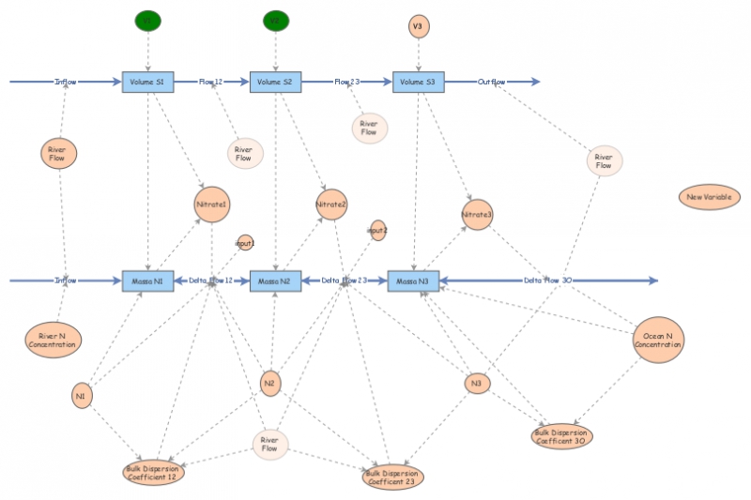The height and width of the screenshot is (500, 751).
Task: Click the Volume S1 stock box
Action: (x=148, y=83)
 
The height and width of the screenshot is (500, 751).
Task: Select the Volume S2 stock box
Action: (x=275, y=83)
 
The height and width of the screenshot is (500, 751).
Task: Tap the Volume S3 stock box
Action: (x=418, y=83)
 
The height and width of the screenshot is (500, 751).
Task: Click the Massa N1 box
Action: (x=148, y=280)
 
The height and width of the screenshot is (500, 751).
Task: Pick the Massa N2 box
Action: (x=275, y=280)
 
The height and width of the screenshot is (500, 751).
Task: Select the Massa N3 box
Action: (x=414, y=280)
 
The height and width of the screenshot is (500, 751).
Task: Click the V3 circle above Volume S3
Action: (x=418, y=26)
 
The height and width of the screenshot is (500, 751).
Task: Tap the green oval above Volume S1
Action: (x=147, y=20)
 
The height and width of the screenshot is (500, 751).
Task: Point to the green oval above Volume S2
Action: (x=274, y=20)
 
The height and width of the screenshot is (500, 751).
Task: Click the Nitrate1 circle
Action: (x=212, y=205)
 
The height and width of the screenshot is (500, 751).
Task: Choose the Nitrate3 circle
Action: (x=477, y=215)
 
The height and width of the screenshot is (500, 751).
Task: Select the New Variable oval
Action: (x=710, y=197)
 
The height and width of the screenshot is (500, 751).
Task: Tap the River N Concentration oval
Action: (x=54, y=340)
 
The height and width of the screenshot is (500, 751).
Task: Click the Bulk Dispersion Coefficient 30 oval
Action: (x=562, y=436)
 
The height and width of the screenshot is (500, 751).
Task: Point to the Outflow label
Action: (x=492, y=83)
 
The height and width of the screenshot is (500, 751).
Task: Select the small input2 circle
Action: (x=377, y=230)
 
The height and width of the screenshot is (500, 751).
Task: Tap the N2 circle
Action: (x=270, y=382)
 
